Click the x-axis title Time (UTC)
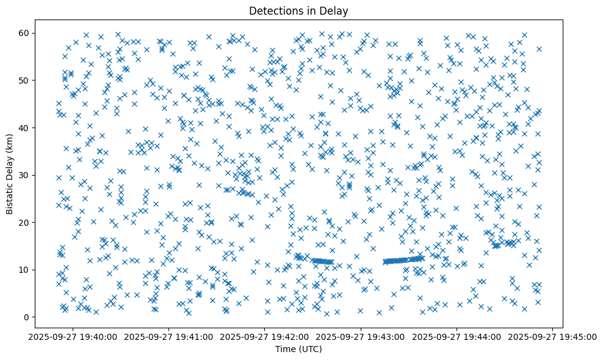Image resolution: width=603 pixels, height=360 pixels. pos(298,349)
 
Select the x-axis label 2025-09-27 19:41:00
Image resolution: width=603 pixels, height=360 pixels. pos(170,336)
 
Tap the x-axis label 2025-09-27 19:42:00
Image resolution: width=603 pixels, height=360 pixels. pos(265,336)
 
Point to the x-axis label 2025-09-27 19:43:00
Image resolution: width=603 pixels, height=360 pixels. pos(361,336)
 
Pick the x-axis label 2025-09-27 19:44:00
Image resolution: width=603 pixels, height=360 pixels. pos(457,336)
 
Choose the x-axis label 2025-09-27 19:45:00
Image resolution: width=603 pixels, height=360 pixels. pos(552,336)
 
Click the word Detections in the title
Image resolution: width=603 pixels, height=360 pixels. pos(276,10)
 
